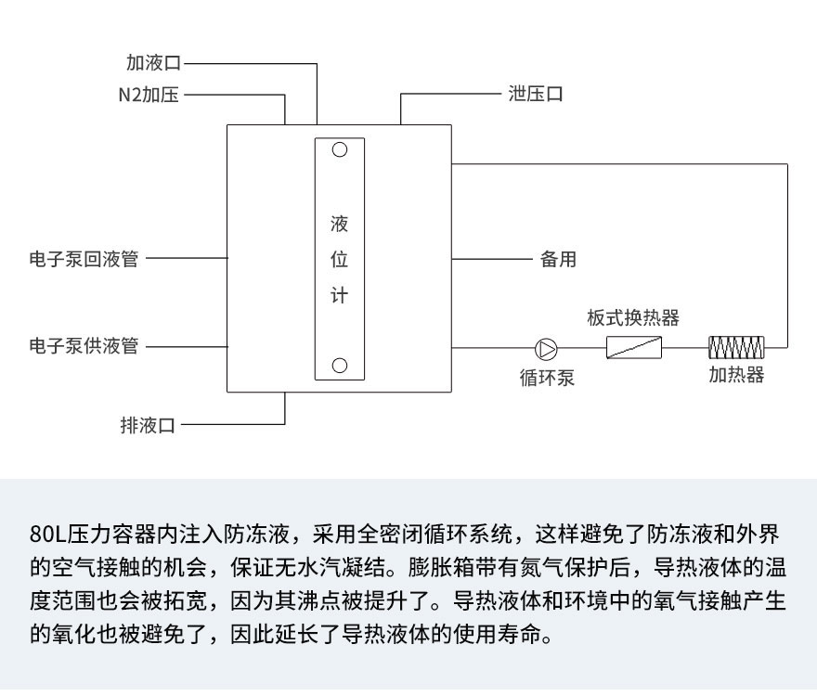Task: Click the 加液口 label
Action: pos(154,63)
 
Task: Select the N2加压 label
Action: pos(149,95)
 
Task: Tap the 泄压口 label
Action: pos(536,95)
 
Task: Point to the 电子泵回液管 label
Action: pos(84,259)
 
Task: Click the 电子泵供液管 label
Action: pos(84,346)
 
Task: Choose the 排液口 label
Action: pos(148,425)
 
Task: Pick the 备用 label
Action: pos(558,259)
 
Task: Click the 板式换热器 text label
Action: pos(633,318)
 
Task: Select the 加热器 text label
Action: pos(736,375)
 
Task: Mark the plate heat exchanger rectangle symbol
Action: pos(634,348)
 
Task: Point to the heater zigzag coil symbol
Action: pos(736,348)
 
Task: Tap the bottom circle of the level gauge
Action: pos(340,365)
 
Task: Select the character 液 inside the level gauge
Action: pos(340,226)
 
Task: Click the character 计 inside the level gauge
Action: pos(340,296)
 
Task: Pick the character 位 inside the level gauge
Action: pos(340,261)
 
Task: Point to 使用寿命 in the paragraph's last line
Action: pos(514,638)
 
